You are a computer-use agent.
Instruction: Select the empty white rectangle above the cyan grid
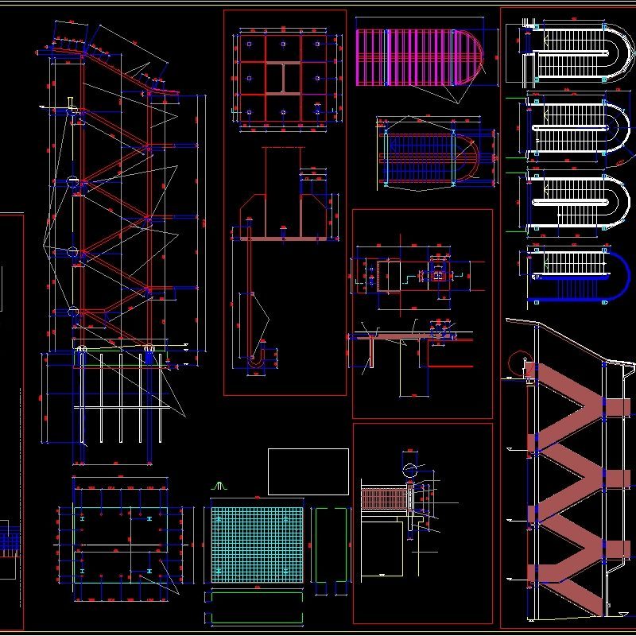pyautogui.click(x=308, y=471)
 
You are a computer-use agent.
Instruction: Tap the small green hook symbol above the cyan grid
pyautogui.click(x=222, y=484)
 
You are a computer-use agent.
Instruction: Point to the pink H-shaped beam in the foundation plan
pyautogui.click(x=282, y=78)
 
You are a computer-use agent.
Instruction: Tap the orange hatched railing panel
pyautogui.click(x=383, y=499)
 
